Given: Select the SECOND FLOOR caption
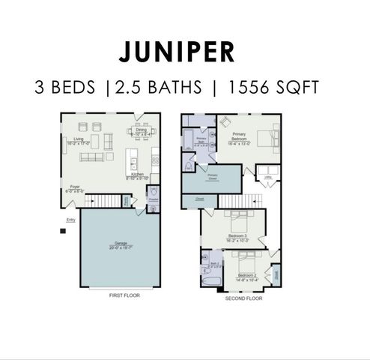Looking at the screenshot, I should [244, 298].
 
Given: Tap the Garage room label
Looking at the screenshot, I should [119, 244].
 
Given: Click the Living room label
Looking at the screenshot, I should [73, 139].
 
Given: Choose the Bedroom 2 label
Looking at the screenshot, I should [247, 277].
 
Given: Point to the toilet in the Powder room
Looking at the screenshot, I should [153, 193].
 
